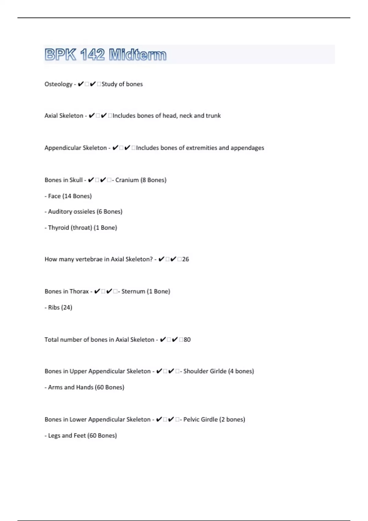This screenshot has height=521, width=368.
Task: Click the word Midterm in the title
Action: click(138, 55)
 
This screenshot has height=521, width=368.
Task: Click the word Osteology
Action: click(58, 84)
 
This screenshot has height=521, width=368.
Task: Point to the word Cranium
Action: click(127, 180)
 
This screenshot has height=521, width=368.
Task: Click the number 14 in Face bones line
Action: click(67, 196)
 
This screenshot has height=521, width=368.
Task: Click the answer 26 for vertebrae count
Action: click(186, 259)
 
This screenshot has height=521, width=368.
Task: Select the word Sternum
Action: click(133, 291)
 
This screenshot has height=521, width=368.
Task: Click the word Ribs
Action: click(54, 307)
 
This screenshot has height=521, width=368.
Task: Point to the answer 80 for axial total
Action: click(187, 340)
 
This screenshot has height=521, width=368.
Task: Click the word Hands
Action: click(85, 387)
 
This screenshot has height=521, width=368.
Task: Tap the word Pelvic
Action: click(192, 419)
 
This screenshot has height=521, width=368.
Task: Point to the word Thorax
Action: click(79, 291)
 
